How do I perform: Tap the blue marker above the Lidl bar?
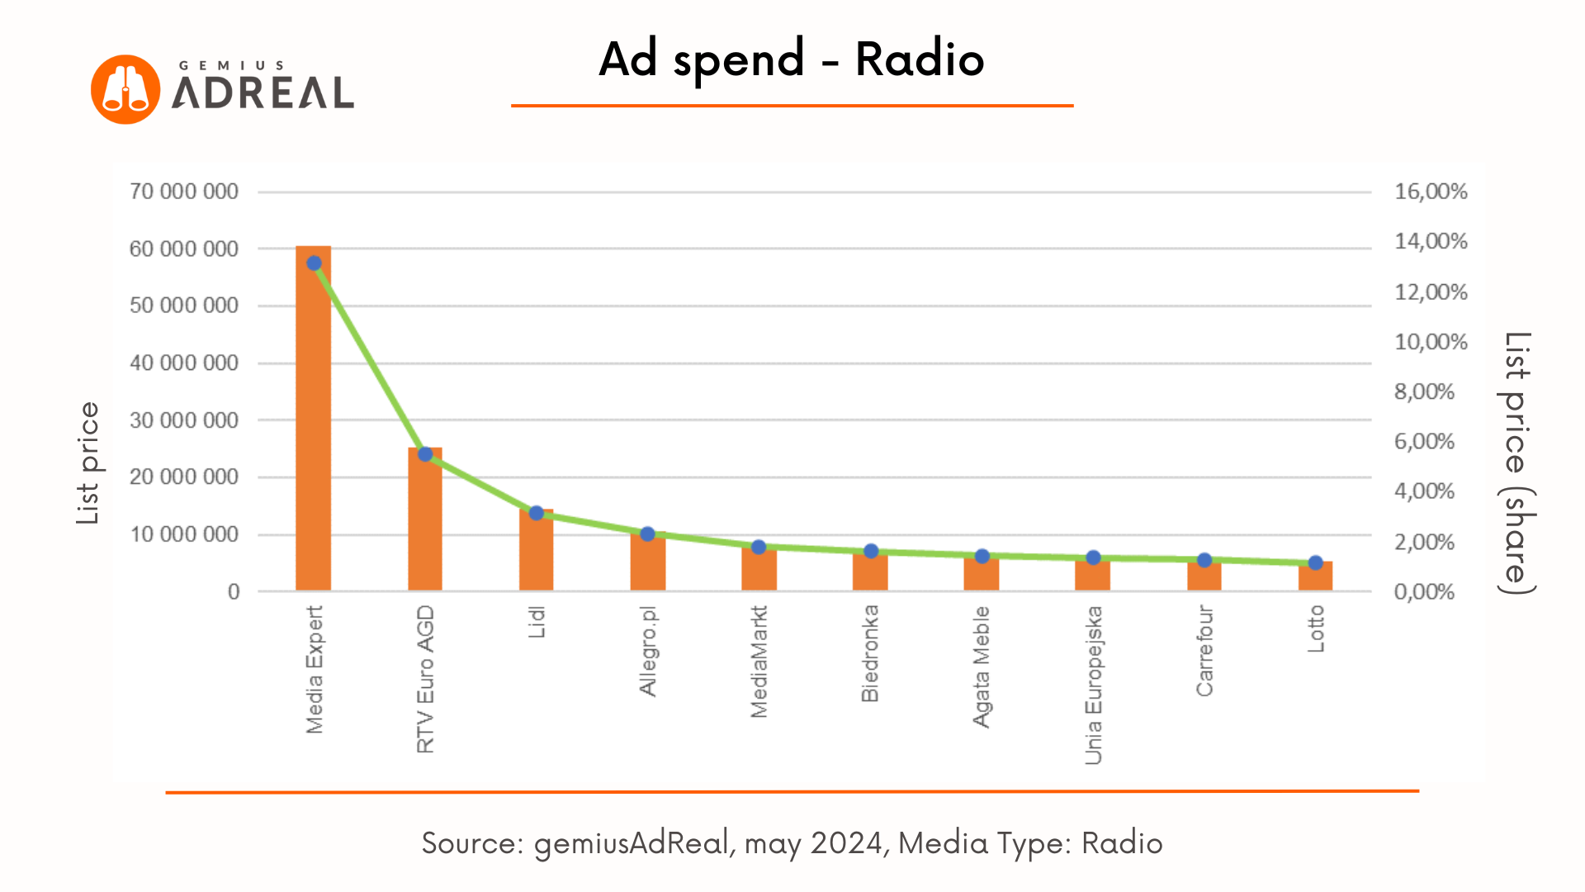(537, 513)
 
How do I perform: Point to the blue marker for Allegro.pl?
(648, 534)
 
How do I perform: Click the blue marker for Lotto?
(1316, 563)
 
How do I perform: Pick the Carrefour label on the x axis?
(1204, 651)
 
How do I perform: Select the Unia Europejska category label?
(1093, 686)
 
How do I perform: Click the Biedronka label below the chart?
(870, 654)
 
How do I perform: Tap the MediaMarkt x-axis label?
(759, 662)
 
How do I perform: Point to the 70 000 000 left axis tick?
(184, 192)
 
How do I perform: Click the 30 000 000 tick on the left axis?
(184, 420)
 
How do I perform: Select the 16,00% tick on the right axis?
(1431, 192)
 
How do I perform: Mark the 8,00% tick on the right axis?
(1424, 391)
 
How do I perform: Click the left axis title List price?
(88, 463)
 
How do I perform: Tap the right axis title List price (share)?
(1516, 463)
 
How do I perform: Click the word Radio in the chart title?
(920, 59)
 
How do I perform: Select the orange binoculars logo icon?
(125, 89)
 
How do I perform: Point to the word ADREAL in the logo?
(263, 93)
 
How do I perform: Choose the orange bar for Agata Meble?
(982, 575)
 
